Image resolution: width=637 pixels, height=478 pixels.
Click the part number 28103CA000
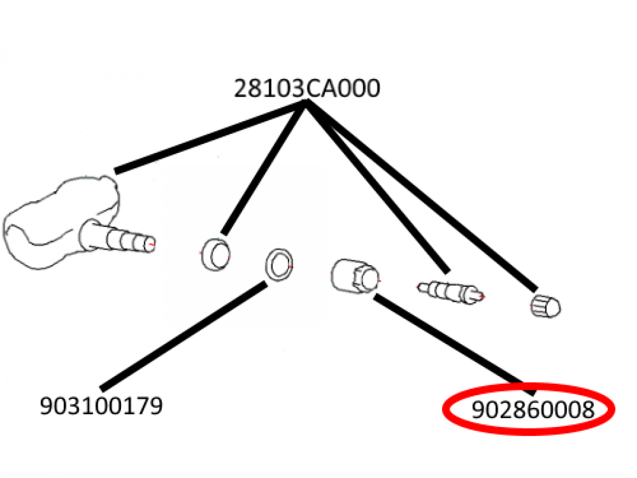coord(307,89)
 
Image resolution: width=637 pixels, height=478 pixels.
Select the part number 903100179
coord(101,407)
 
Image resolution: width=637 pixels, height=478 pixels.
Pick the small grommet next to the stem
coord(215,254)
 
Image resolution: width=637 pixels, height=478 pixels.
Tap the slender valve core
coord(449,292)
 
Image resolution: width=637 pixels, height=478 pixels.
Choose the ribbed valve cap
coord(545,306)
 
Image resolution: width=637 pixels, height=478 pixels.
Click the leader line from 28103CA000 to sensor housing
coord(207,137)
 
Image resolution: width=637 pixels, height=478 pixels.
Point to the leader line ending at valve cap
coord(425,197)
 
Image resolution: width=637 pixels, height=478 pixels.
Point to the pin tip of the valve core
coord(480,295)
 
